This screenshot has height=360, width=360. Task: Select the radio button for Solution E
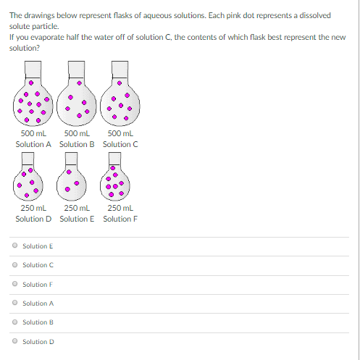coord(14,246)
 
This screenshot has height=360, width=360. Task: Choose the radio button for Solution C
coord(14,265)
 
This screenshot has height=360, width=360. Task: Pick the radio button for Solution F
coord(14,284)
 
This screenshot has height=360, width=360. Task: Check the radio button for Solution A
coord(14,303)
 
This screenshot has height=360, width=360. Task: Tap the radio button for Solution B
coord(14,322)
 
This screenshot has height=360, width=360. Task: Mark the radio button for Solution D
coord(14,341)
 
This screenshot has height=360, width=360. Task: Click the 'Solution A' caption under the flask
coord(33,143)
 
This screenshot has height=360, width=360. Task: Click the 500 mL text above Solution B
coord(76,133)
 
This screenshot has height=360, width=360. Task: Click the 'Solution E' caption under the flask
coord(77,219)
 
